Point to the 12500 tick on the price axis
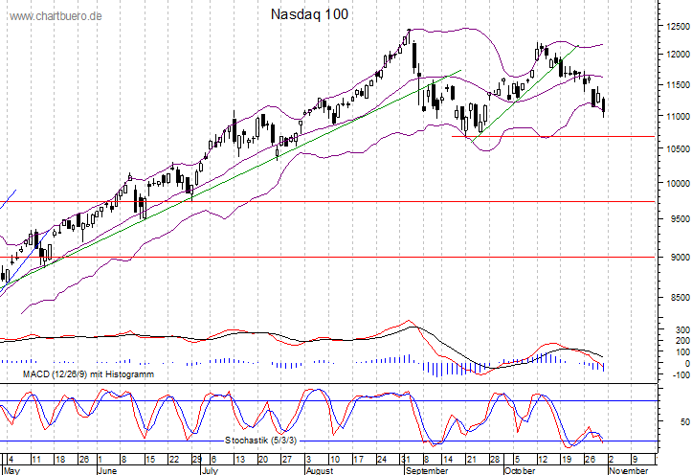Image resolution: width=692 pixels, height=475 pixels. pos(679,27)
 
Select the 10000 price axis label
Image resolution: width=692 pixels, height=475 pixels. pos(679,183)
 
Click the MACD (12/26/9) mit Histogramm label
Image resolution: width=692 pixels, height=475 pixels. pos(78,374)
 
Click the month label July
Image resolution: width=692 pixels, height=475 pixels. pos(211,470)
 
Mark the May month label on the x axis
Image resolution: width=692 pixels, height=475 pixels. pos(12,470)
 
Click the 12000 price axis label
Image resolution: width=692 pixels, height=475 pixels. pos(679,55)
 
